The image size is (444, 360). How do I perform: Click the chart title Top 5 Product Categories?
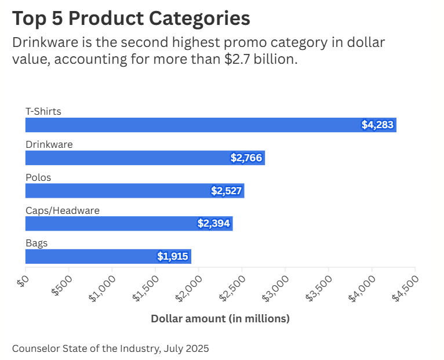click(x=131, y=19)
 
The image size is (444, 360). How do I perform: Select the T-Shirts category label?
click(x=43, y=111)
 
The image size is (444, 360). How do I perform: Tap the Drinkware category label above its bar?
click(x=49, y=144)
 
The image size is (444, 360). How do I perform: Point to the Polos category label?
click(x=38, y=177)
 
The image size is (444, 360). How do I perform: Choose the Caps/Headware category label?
click(x=63, y=210)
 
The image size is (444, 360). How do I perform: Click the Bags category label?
click(x=37, y=243)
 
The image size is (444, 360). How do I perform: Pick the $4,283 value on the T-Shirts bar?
click(x=378, y=125)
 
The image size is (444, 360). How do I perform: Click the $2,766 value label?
click(x=246, y=158)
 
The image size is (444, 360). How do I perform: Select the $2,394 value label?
click(x=214, y=223)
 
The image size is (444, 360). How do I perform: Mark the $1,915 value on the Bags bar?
click(x=173, y=256)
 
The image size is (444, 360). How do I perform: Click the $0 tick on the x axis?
click(x=22, y=280)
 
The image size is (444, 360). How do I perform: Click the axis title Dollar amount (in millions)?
click(x=220, y=319)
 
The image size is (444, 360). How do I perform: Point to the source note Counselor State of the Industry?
click(x=110, y=348)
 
